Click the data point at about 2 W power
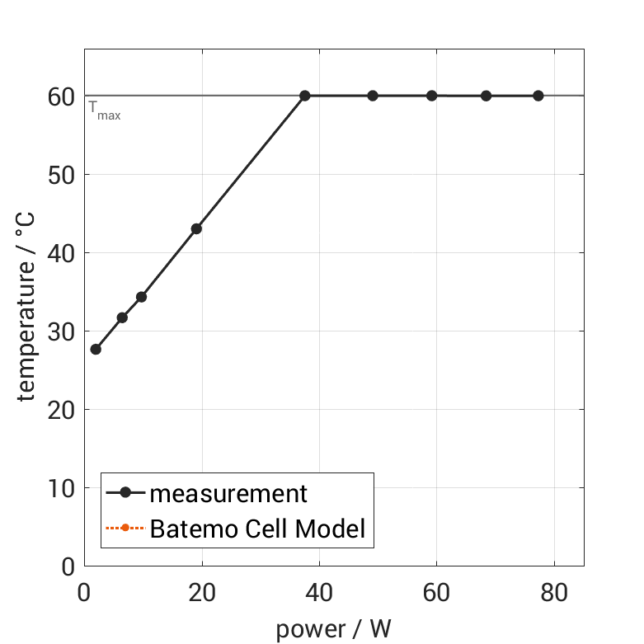96,349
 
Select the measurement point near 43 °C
196,228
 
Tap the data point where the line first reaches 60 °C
304,96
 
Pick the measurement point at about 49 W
373,96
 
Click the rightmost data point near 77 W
538,96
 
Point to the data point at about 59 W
431,96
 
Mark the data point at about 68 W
487,96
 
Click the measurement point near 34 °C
141,297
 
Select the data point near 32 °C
122,317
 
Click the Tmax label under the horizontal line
105,110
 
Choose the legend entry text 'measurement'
228,494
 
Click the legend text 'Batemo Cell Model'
257,528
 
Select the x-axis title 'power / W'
333,629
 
